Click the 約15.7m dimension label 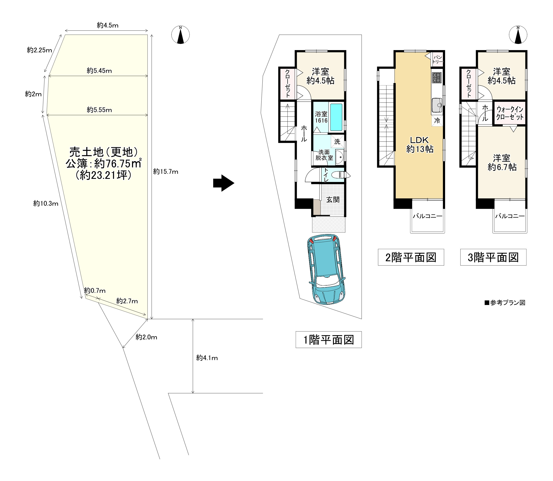coord(166,172)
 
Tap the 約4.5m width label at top coord(107,25)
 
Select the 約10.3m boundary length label coord(46,203)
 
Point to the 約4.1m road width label coord(207,358)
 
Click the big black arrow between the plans coord(224,183)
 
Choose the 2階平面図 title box coord(411,257)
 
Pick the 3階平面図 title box coord(493,257)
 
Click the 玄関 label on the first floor coord(333,199)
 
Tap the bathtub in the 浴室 coord(336,117)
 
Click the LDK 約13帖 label coord(420,144)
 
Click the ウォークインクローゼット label coord(510,113)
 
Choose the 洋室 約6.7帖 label coord(502,162)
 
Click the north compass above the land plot coord(181,35)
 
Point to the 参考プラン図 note coord(505,303)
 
